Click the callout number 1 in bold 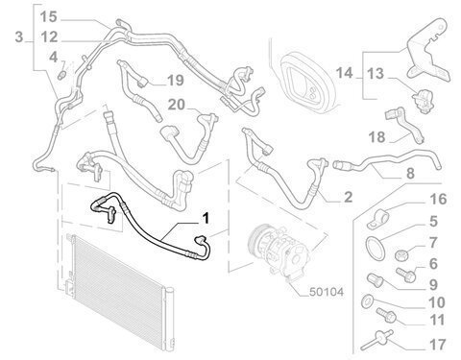point(206,218)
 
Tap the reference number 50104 point(327,292)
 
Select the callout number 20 point(177,105)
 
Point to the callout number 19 point(176,81)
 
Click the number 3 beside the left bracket point(19,36)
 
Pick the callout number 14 point(344,73)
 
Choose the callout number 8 point(410,174)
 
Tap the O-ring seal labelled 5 point(375,247)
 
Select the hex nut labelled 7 point(400,255)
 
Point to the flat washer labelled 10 point(367,300)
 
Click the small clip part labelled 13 point(423,101)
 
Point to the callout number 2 point(348,197)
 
